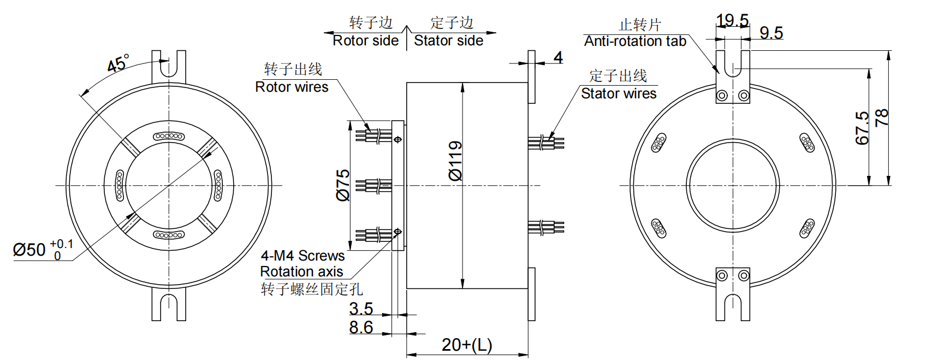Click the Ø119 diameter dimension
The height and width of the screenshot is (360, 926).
(x=455, y=161)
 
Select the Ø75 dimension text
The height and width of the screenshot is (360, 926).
(x=343, y=185)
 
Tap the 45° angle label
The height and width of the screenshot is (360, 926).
(x=118, y=63)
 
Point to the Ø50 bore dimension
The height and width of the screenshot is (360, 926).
(x=29, y=250)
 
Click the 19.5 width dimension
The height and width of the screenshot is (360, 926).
(x=732, y=21)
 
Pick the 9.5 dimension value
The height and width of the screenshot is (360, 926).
(x=771, y=33)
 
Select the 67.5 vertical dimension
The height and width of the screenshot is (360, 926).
(x=862, y=128)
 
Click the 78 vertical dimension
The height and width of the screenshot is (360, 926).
(x=882, y=118)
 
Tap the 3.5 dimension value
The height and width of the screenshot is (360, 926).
(x=361, y=309)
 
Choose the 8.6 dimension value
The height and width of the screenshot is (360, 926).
(x=361, y=327)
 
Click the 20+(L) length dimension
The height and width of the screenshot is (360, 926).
(x=467, y=345)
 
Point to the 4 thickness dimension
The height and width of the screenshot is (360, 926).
(x=558, y=57)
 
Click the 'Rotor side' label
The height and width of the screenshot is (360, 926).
(x=366, y=41)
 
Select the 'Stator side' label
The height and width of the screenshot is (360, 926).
(x=448, y=41)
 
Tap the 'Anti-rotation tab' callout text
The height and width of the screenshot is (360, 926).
(x=635, y=42)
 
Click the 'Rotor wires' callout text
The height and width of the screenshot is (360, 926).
(x=292, y=87)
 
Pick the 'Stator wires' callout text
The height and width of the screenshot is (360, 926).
(x=619, y=94)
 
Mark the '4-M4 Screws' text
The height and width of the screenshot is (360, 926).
(x=302, y=256)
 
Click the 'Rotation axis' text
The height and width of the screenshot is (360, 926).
(x=301, y=272)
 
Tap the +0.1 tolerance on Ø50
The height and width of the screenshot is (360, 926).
(x=61, y=244)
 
